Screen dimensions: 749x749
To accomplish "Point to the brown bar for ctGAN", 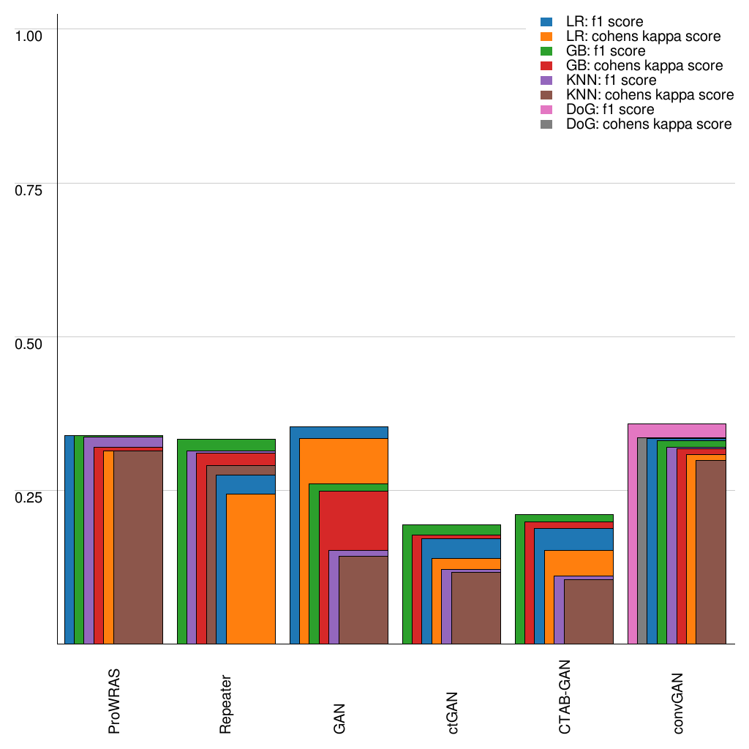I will [x=475, y=607].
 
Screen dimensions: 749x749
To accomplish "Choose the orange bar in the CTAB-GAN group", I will [x=578, y=562].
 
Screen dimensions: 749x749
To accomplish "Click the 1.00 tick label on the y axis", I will [x=29, y=35].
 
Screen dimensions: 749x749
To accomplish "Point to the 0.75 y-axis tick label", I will [x=29, y=189].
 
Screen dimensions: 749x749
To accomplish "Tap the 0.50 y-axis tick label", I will [x=29, y=343].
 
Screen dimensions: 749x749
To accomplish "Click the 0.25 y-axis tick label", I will [x=29, y=497].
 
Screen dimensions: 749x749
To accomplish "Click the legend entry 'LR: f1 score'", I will [x=605, y=22].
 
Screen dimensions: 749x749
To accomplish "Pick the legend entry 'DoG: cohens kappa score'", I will [x=649, y=124].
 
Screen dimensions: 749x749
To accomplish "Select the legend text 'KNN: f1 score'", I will [x=611, y=80].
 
